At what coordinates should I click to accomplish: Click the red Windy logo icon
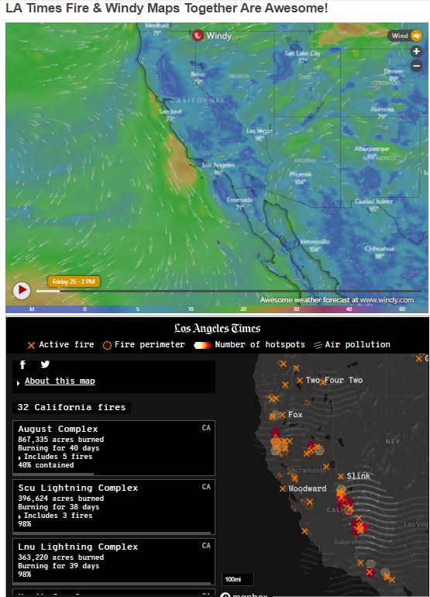click(x=198, y=35)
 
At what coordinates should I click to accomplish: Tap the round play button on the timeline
click(x=22, y=290)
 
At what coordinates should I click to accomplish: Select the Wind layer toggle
click(x=405, y=36)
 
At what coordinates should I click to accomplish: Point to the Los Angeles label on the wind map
click(x=217, y=165)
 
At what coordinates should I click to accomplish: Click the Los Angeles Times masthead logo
click(x=217, y=328)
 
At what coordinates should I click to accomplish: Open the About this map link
click(x=60, y=381)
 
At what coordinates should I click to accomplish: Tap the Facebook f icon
click(x=23, y=364)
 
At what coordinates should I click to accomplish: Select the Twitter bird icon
click(x=45, y=364)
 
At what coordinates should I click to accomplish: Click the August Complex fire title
click(x=57, y=429)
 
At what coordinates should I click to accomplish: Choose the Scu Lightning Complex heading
click(x=77, y=488)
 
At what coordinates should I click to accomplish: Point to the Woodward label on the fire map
click(x=308, y=488)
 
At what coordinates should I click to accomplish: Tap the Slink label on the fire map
click(x=358, y=475)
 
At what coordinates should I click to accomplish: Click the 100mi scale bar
click(x=232, y=579)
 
